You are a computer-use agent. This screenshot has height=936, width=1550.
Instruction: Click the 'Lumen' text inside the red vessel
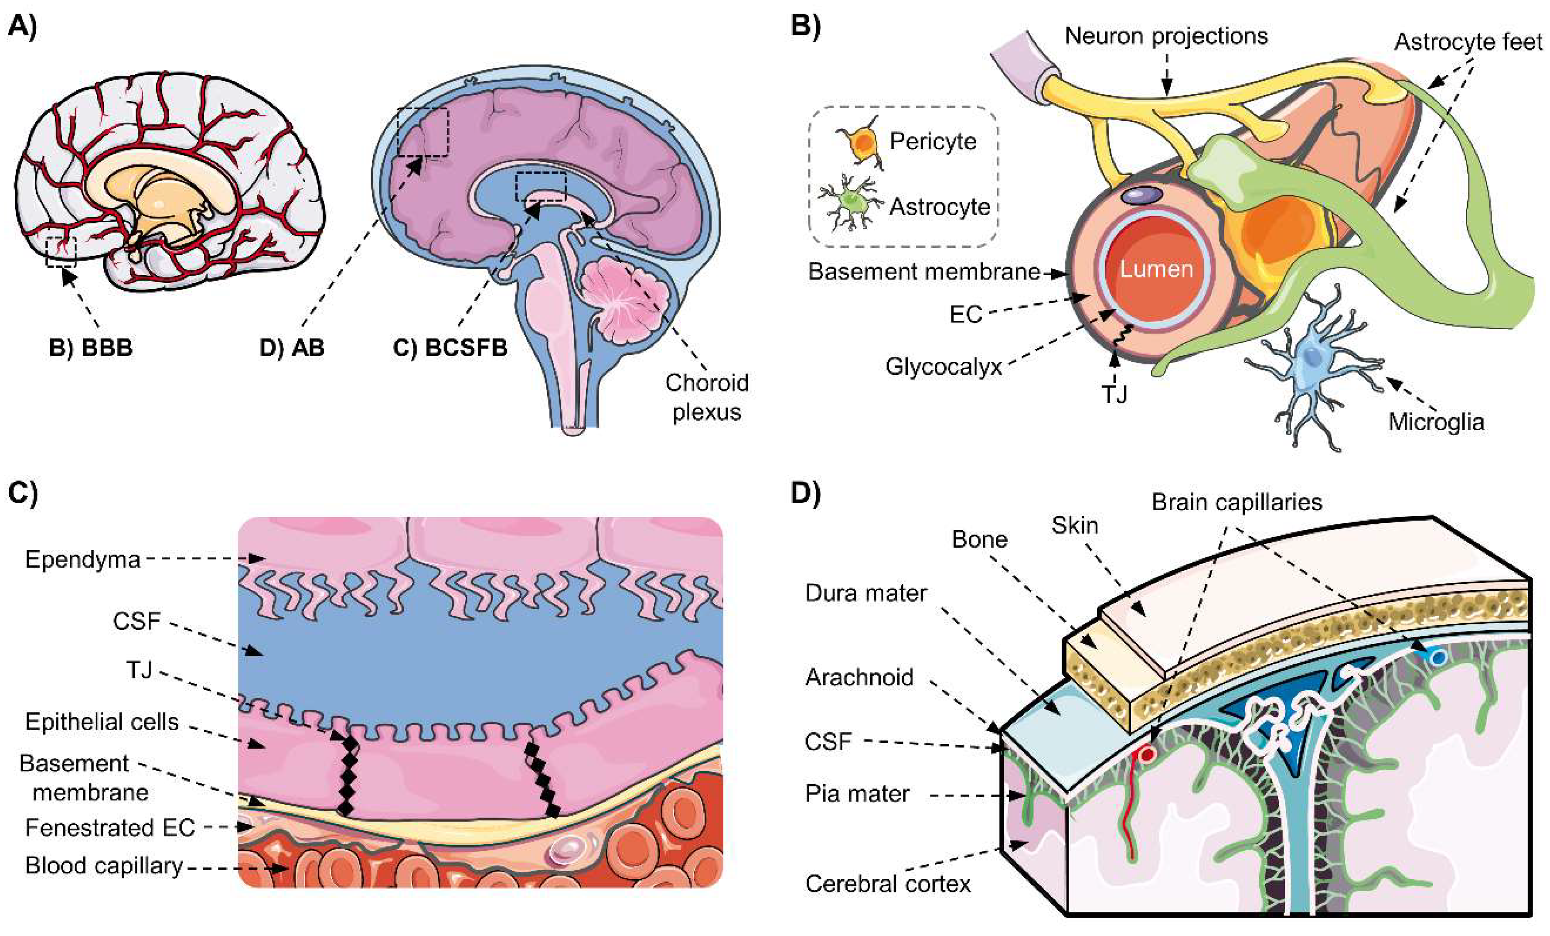tap(1156, 269)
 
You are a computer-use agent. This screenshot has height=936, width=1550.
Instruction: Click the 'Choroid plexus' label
tap(706, 397)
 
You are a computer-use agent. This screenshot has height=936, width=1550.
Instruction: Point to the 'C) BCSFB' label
tap(450, 347)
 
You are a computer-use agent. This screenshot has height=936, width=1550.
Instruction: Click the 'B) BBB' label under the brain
tap(91, 347)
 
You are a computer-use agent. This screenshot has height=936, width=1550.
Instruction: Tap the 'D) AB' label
tap(292, 347)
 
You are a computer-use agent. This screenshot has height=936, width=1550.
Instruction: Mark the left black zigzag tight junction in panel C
tap(347, 775)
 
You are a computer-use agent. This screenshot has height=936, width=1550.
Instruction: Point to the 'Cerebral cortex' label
tap(888, 884)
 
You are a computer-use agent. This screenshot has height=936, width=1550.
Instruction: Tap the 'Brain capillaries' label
tap(1237, 502)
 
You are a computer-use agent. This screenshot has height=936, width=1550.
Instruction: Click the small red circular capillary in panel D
tap(1147, 754)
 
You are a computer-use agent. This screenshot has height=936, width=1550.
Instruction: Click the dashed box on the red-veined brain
tap(61, 252)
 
